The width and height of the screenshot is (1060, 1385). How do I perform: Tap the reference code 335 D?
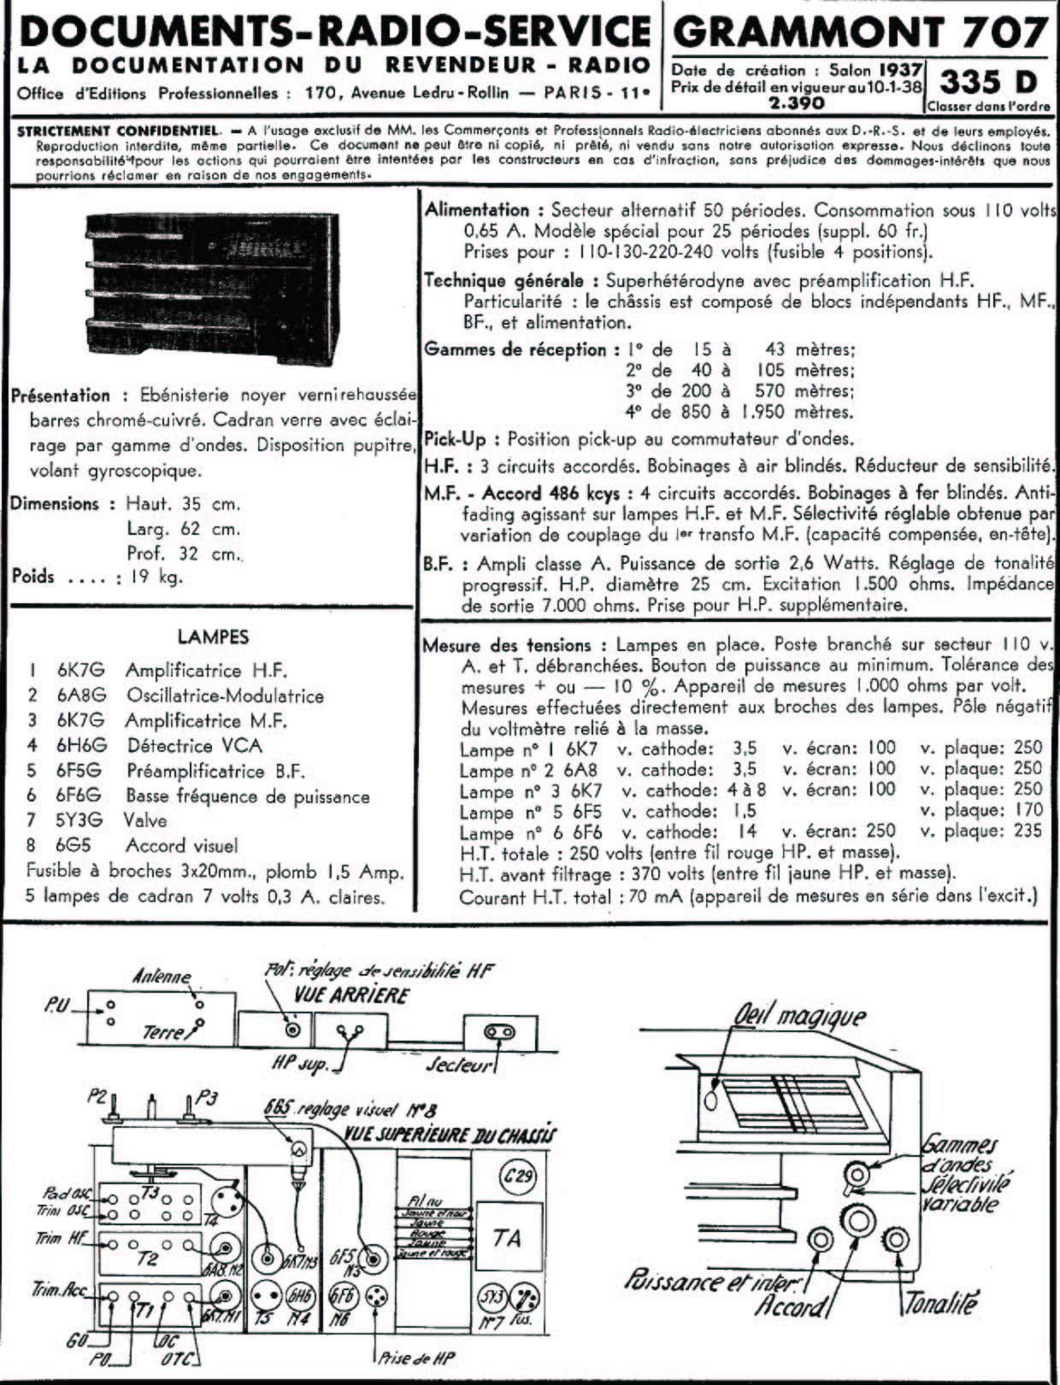[988, 82]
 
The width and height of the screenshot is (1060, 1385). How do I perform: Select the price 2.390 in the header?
[796, 103]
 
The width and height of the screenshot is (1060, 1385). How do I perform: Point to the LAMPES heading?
[213, 637]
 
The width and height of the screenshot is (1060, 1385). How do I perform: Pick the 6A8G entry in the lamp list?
[81, 695]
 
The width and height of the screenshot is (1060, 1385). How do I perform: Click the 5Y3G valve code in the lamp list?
[79, 820]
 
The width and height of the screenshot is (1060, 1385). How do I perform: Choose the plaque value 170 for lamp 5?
[1029, 810]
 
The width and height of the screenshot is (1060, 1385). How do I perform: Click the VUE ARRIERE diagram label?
[351, 995]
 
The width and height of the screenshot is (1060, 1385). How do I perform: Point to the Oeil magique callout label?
[800, 1016]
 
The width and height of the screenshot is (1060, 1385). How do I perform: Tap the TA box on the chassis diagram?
[507, 1238]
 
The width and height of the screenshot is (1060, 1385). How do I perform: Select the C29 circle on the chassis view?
[517, 1177]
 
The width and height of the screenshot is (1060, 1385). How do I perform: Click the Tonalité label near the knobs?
[940, 1304]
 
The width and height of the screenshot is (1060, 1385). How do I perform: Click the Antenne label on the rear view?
[162, 977]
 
